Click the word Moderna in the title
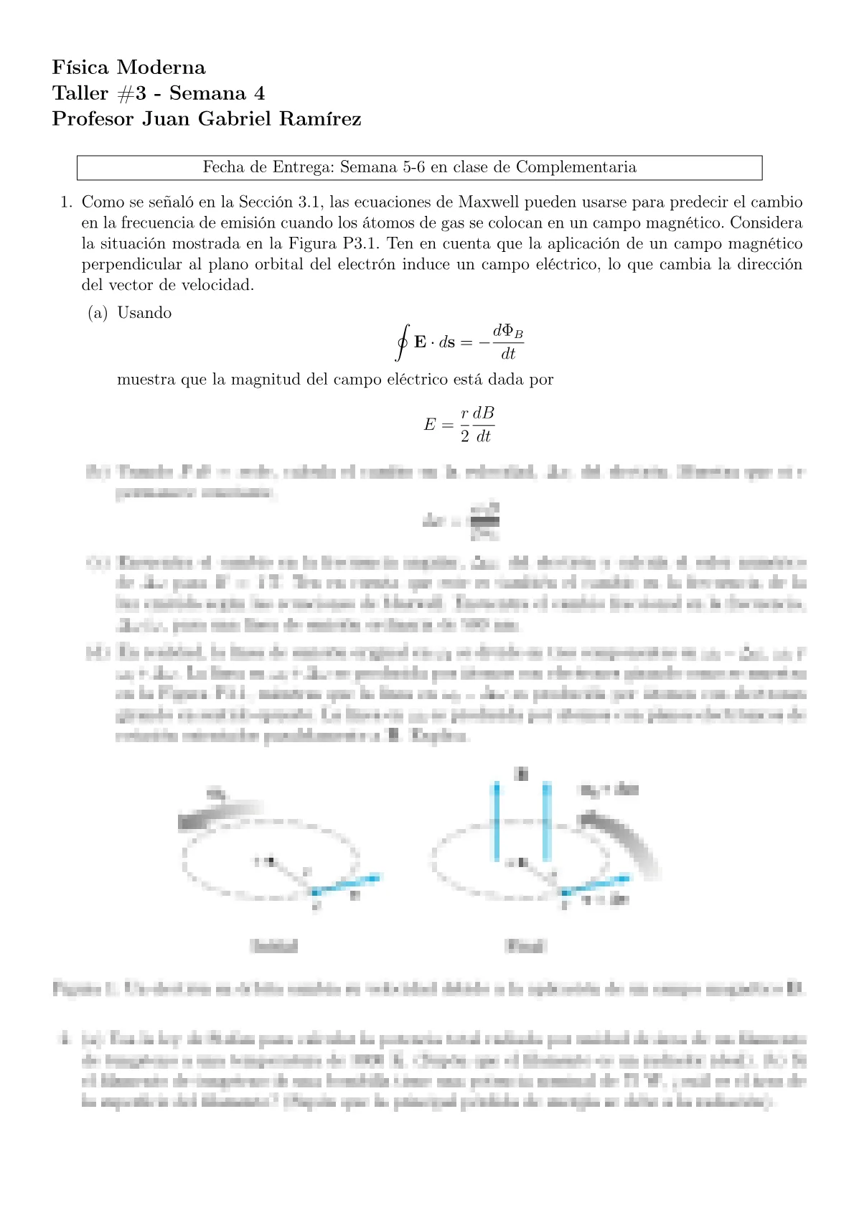(x=161, y=67)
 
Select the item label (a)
(x=98, y=312)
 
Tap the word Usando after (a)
(x=144, y=312)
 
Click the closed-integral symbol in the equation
(x=402, y=342)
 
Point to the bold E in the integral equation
(x=421, y=342)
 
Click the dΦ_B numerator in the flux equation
(x=507, y=332)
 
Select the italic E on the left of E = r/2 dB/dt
(x=429, y=424)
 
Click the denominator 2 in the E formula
(x=464, y=436)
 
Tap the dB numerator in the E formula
(x=484, y=413)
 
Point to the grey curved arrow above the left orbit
(x=219, y=814)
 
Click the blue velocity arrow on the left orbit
(x=345, y=884)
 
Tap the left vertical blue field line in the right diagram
(x=495, y=821)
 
